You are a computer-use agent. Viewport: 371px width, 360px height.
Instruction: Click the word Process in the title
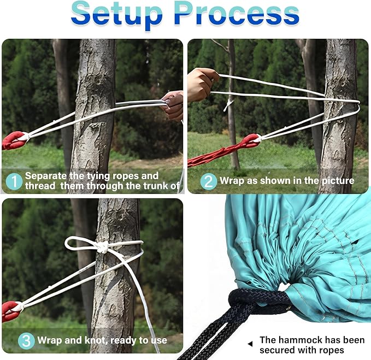point(237,13)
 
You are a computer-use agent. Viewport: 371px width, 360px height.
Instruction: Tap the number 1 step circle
point(14,182)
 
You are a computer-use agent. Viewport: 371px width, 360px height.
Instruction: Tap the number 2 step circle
point(209,181)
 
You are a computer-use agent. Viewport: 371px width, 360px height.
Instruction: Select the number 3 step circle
point(26,341)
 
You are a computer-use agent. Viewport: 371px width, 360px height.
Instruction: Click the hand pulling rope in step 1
point(173,105)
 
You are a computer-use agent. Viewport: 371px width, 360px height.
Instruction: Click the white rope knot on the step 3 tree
point(103,247)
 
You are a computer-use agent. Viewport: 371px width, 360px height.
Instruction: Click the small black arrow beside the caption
point(250,344)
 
